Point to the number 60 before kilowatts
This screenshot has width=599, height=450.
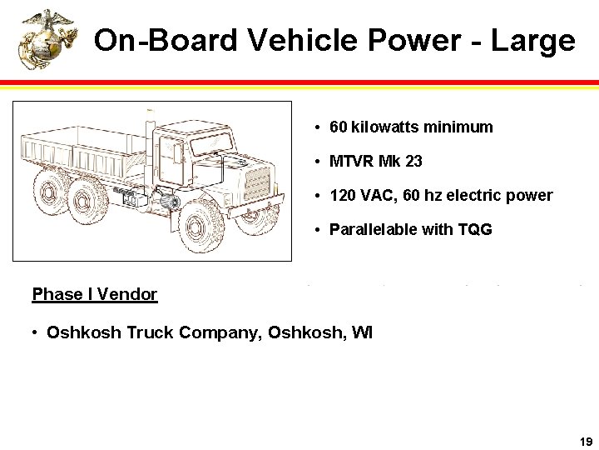tap(339, 127)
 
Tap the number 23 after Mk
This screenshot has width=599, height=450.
tap(413, 161)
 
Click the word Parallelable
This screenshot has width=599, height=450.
tap(374, 229)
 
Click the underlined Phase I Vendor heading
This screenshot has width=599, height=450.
tap(94, 294)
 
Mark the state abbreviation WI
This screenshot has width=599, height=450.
tap(362, 333)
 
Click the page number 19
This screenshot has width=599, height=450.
tap(585, 441)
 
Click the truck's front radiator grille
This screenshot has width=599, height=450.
tap(257, 183)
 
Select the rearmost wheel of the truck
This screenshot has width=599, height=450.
tap(51, 192)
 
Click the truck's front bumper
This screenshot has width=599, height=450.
tap(258, 208)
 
